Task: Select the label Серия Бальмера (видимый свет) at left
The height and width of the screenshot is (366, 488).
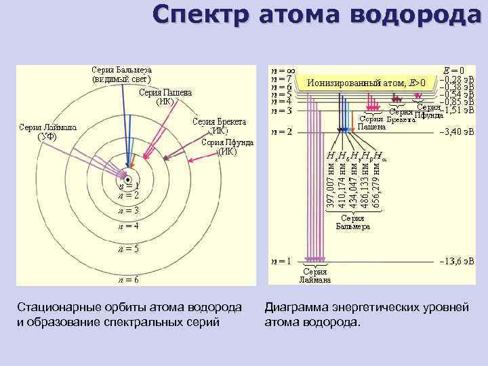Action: tap(121, 74)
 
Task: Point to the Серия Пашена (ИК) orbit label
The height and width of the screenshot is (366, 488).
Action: tap(165, 98)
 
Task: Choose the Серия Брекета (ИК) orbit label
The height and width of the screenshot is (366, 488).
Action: tap(219, 127)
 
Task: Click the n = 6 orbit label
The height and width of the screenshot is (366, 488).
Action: tap(127, 279)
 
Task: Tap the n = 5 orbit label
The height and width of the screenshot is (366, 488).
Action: tap(127, 249)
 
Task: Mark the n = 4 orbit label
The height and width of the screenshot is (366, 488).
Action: tap(127, 226)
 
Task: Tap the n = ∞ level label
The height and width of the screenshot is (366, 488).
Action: tap(282, 70)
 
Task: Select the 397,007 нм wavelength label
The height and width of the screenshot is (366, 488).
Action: tap(330, 184)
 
